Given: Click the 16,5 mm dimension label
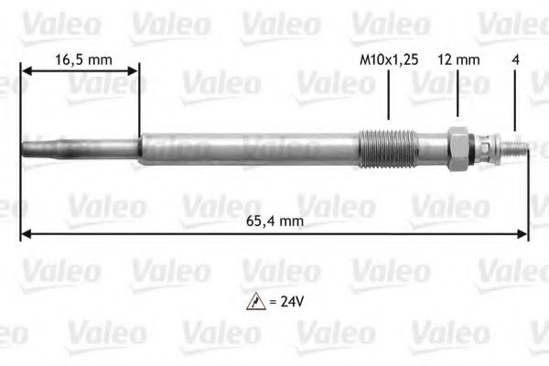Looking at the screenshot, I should (83, 60).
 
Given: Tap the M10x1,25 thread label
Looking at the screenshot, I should (388, 60).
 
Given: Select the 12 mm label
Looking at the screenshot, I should (458, 60).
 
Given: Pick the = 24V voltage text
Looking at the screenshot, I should (287, 299).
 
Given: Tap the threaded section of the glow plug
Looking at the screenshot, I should (389, 147).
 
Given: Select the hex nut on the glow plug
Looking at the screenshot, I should (457, 146).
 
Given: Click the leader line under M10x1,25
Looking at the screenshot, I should (388, 96).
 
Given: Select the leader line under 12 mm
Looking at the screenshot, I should (457, 96).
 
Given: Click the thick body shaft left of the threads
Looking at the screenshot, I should (247, 148).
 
